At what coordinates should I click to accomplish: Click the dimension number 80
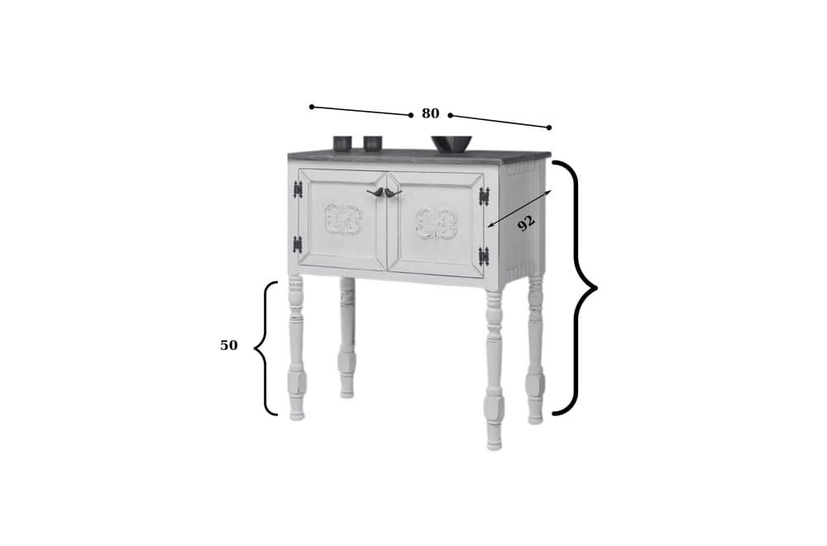[x=430, y=114]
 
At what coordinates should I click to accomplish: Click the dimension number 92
[x=526, y=223]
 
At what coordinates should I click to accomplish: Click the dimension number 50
[x=228, y=346]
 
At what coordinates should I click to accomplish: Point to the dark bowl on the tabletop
[x=452, y=144]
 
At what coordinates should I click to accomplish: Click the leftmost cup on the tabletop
[x=342, y=143]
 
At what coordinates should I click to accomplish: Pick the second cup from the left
[x=372, y=143]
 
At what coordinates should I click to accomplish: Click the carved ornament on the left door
[x=342, y=220]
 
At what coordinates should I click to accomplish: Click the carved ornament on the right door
[x=437, y=223]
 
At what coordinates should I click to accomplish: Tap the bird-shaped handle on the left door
[x=375, y=192]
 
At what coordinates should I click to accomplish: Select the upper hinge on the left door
[x=298, y=189]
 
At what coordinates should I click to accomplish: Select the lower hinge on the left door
[x=298, y=244]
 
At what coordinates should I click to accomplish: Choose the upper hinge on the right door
[x=484, y=196]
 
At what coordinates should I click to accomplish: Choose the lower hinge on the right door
[x=484, y=256]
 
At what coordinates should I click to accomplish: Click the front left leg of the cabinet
[x=296, y=347]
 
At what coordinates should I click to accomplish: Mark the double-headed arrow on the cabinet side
[x=519, y=208]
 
